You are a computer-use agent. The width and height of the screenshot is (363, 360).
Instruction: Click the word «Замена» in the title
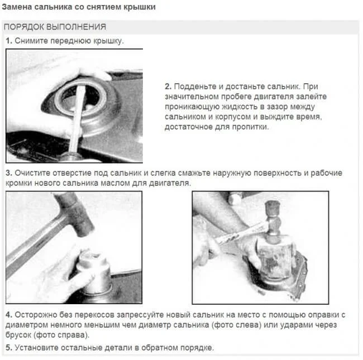tap(17, 7)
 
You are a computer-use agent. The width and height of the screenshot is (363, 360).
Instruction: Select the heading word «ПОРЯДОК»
tap(24, 27)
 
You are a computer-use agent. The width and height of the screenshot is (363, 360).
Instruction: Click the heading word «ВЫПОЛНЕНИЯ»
tap(76, 27)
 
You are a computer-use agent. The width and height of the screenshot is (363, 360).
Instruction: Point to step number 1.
tap(9, 41)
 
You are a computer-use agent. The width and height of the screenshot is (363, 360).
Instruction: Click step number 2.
tap(168, 87)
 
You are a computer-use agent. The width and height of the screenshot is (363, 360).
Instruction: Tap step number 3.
tap(9, 173)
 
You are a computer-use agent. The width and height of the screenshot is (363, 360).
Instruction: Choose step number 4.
tap(9, 315)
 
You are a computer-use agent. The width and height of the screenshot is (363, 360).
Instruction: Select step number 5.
tap(9, 348)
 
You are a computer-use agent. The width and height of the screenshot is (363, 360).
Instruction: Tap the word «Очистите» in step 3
tap(32, 173)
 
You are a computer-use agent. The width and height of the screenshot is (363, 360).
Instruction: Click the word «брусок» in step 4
tap(18, 335)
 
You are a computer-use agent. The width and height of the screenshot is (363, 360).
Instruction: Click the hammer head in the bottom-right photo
tap(273, 222)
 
